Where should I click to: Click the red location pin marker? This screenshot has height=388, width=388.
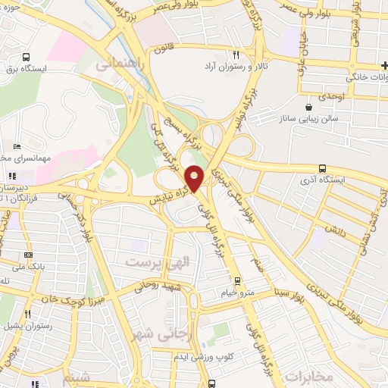point(195,177)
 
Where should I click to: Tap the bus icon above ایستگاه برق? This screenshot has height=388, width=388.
point(27,57)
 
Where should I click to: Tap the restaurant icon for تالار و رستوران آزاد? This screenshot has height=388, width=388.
point(236,55)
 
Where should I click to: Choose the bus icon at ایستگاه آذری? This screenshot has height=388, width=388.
point(323,168)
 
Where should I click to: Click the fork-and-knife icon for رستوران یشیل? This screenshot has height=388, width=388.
point(28,312)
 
